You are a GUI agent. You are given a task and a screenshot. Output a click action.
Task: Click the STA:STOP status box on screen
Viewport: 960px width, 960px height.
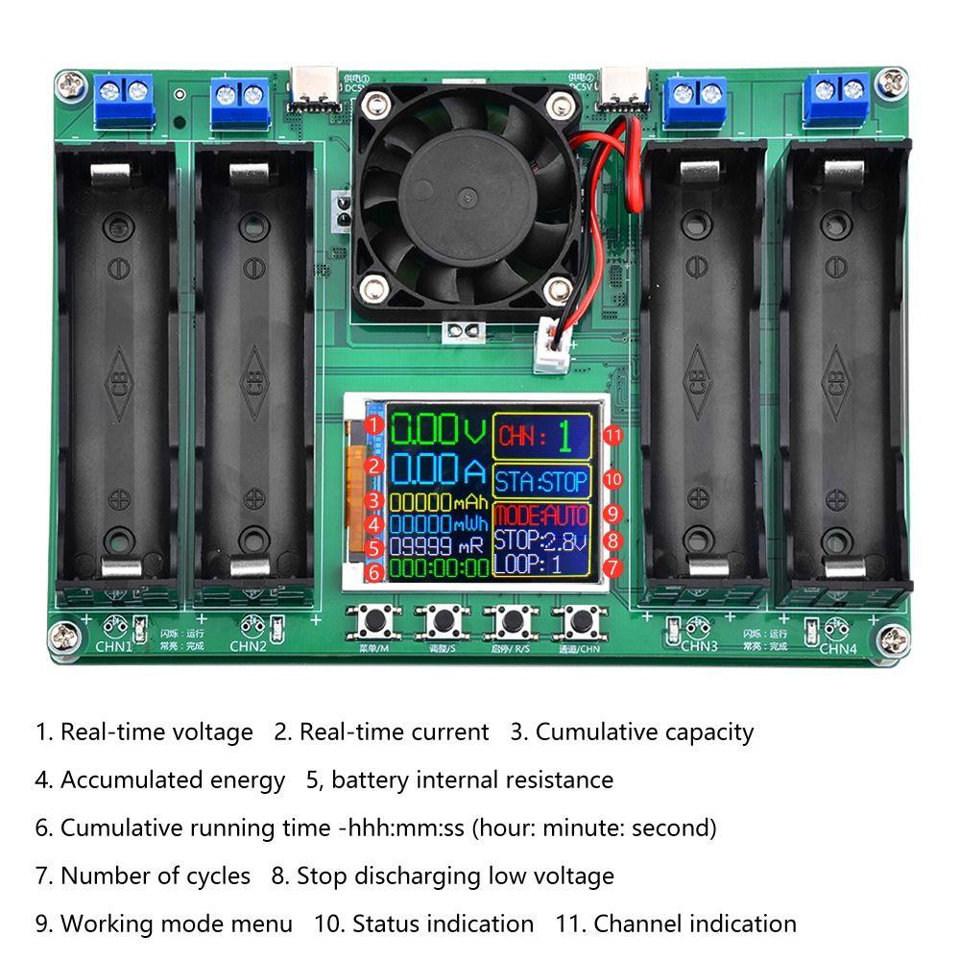541,480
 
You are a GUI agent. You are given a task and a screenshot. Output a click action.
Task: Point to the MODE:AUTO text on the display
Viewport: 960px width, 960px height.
541,516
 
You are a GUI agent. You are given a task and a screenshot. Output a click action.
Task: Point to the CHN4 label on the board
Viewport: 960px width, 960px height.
838,648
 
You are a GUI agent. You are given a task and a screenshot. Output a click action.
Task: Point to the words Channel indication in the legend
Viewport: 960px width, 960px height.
694,924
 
